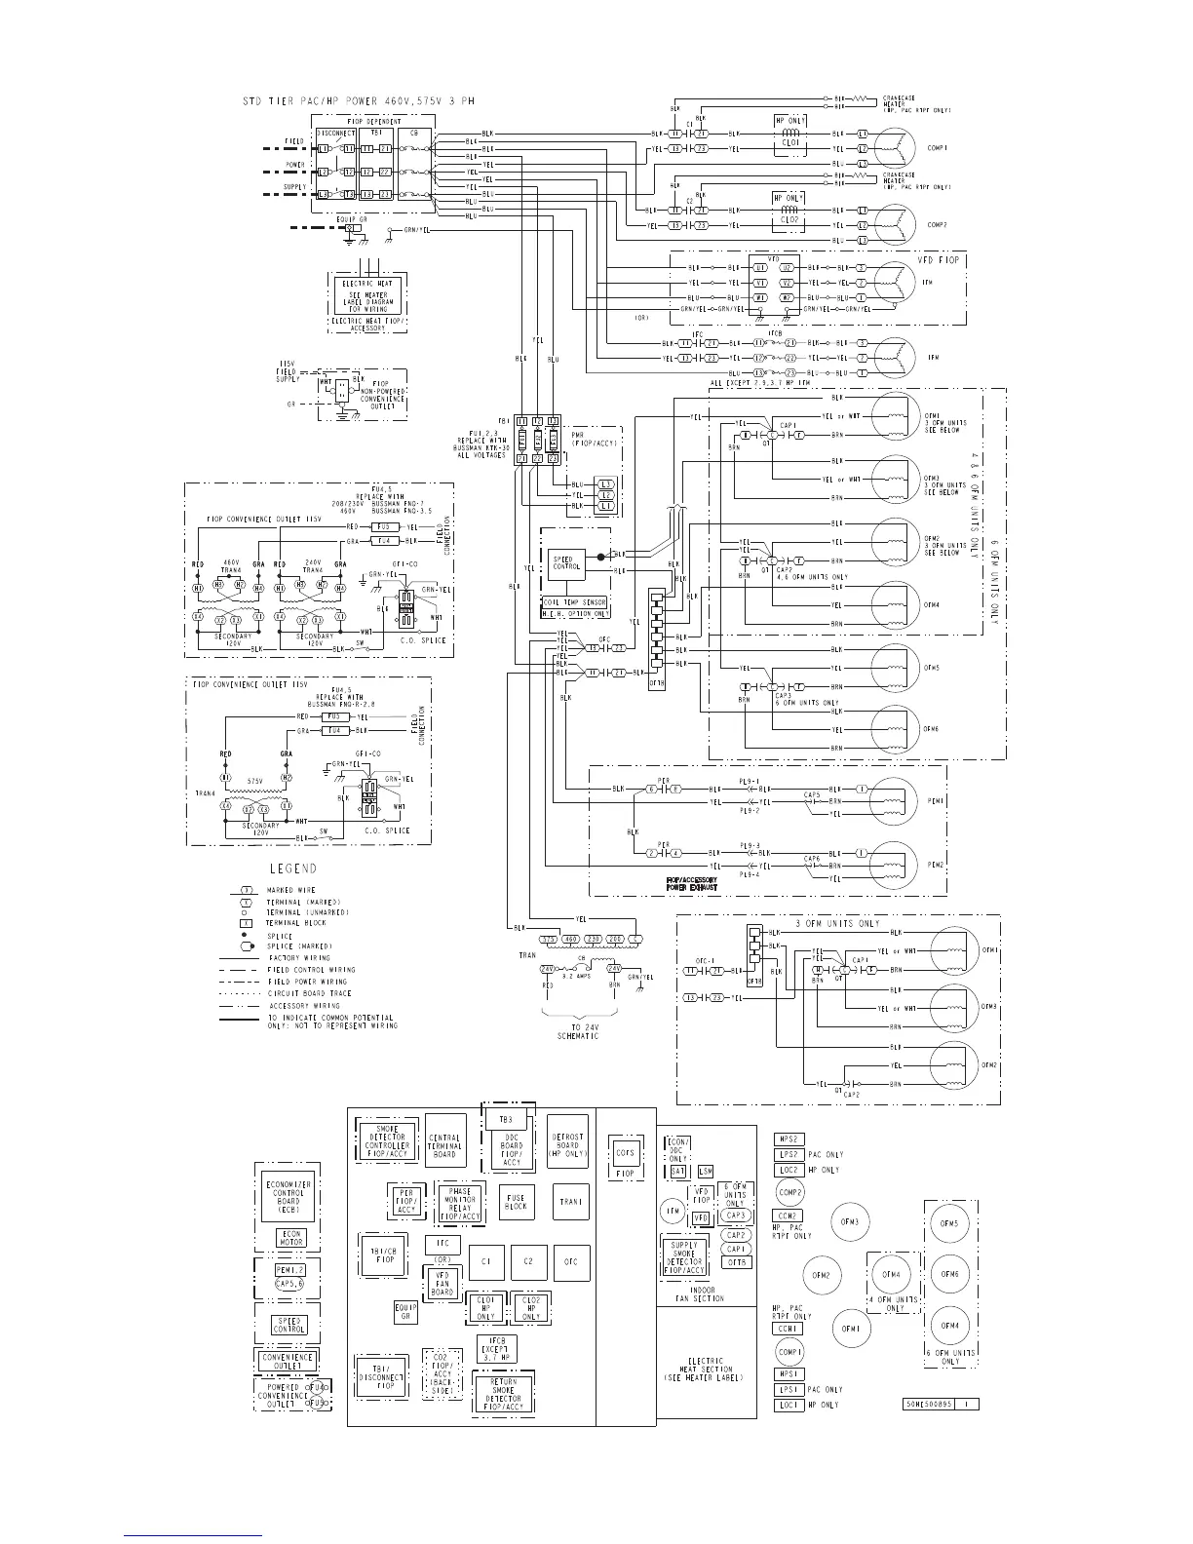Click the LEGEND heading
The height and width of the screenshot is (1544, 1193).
(x=292, y=868)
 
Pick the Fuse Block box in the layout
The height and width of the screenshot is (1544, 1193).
(x=516, y=1201)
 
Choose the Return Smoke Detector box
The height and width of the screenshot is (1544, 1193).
(x=504, y=1394)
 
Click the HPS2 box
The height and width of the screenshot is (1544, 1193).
(x=789, y=1139)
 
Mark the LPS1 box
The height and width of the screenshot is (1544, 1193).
(x=789, y=1389)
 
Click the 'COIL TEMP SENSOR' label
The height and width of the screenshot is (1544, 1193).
(x=575, y=601)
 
